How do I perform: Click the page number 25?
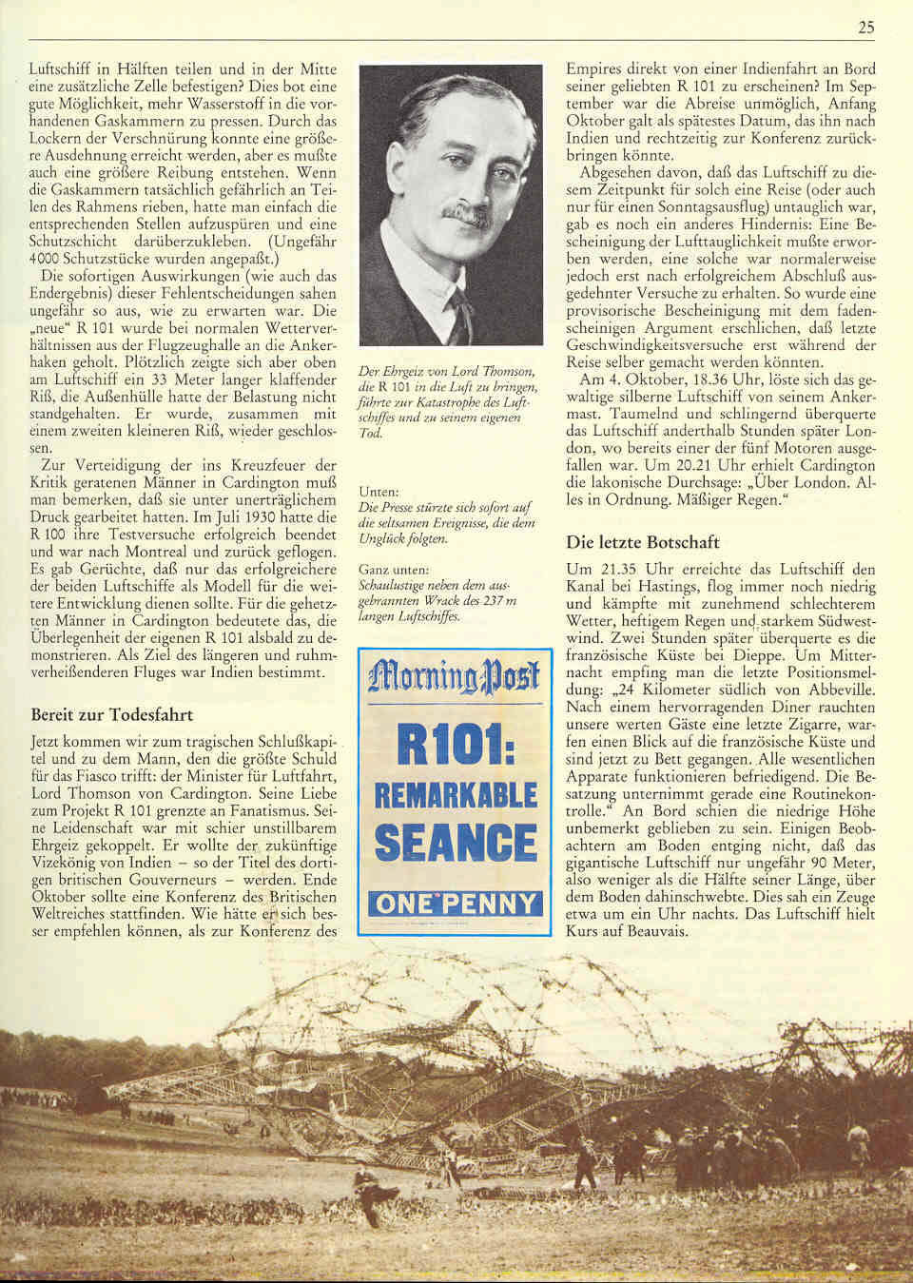click(864, 28)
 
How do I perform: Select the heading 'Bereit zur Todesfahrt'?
click(112, 714)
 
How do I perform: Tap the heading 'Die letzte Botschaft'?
click(643, 542)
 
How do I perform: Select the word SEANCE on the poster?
click(456, 843)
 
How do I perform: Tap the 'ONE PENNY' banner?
click(456, 903)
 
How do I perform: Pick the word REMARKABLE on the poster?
click(456, 794)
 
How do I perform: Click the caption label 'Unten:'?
click(379, 492)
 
